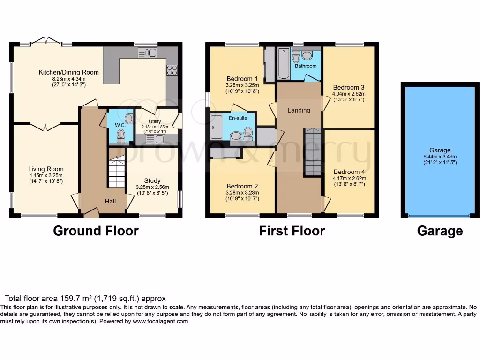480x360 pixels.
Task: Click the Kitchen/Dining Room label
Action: [68, 72]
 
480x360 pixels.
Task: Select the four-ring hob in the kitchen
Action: [172, 70]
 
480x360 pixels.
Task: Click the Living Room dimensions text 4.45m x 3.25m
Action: [45, 175]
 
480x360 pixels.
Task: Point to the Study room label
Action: [152, 180]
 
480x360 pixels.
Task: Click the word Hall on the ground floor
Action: [110, 201]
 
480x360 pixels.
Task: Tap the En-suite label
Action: [238, 118]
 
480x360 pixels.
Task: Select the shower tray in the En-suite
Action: [217, 127]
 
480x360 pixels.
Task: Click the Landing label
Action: [299, 110]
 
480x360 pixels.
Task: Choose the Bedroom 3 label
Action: [348, 87]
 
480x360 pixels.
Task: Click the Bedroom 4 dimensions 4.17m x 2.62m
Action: [348, 179]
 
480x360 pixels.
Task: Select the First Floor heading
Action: [292, 231]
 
